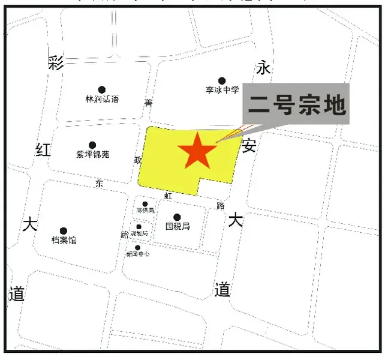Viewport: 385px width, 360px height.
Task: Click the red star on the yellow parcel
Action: click(197, 151)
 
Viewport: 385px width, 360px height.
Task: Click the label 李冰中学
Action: click(222, 91)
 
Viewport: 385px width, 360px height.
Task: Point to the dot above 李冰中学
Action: click(222, 80)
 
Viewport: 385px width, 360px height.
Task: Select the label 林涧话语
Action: click(102, 100)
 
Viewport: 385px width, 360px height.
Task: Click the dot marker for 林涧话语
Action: click(102, 89)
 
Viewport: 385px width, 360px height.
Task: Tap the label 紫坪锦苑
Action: click(93, 155)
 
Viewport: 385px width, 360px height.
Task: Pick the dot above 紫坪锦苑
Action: click(92, 145)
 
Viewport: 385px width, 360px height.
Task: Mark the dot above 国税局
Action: click(177, 217)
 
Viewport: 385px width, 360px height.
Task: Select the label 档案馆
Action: click(64, 241)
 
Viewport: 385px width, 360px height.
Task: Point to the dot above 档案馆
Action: click(64, 231)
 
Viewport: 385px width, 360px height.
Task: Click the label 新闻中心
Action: click(137, 254)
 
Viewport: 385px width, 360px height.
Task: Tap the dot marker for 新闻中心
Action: click(137, 247)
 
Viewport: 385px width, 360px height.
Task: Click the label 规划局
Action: click(139, 233)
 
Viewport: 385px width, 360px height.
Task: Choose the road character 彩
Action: click(56, 64)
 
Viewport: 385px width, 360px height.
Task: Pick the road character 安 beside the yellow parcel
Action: click(249, 145)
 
